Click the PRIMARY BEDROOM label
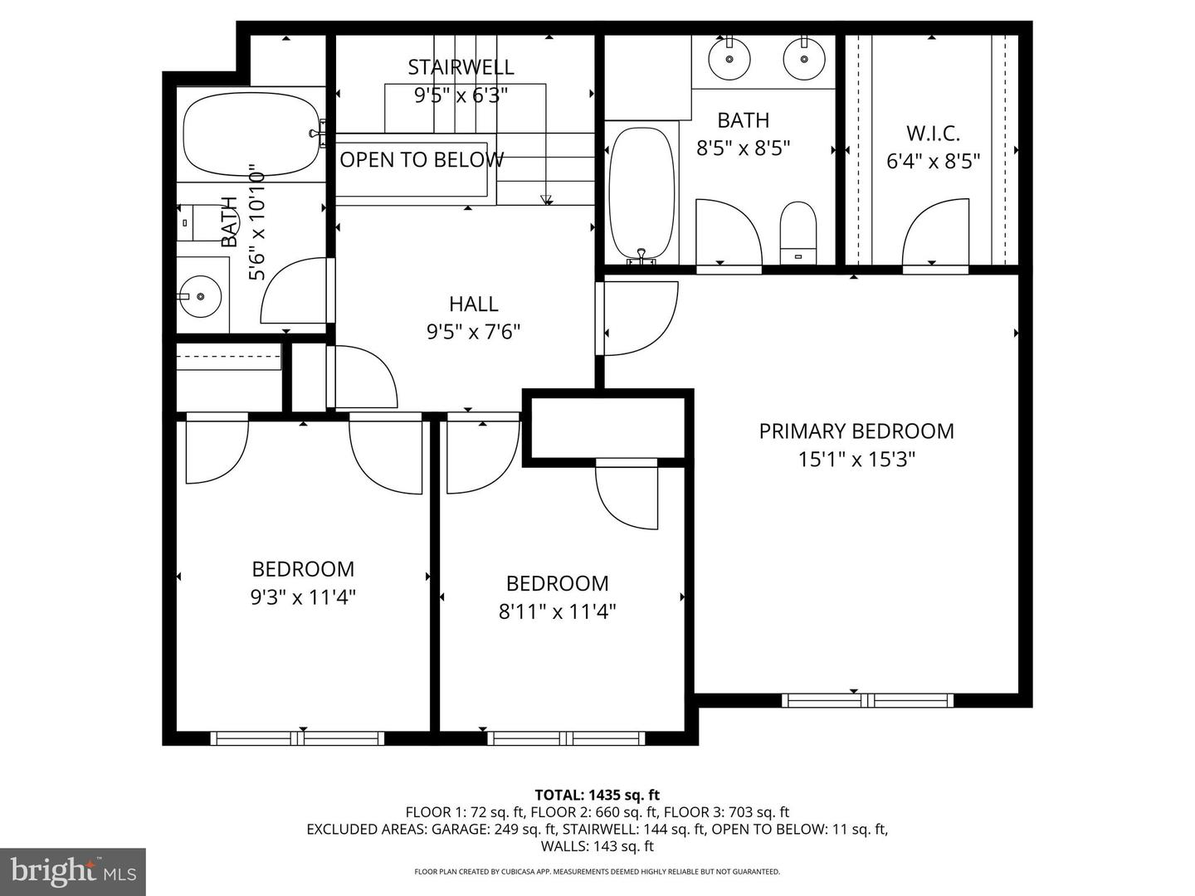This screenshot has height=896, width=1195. [x=856, y=431]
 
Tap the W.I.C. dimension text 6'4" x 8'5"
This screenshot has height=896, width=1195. [x=934, y=161]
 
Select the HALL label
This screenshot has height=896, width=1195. [x=473, y=304]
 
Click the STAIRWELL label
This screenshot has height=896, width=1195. [x=461, y=67]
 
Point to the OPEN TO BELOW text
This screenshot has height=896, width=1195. [x=421, y=160]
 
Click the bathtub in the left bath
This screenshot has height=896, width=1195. [x=250, y=134]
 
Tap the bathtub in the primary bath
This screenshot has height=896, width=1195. [x=641, y=193]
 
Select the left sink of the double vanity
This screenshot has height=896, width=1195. [x=729, y=58]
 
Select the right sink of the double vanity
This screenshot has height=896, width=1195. [x=803, y=58]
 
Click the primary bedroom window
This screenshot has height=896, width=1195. [x=867, y=700]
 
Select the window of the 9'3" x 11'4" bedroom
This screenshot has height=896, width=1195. [x=297, y=738]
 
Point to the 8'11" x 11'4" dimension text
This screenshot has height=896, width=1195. [x=557, y=612]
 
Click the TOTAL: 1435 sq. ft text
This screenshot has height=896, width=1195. [x=597, y=795]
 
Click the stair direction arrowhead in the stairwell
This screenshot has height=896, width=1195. [x=546, y=199]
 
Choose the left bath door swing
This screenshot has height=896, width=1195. [x=295, y=292]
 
